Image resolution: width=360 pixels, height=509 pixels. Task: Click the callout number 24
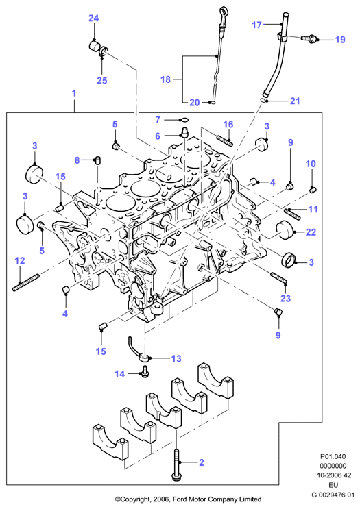pos(93,18)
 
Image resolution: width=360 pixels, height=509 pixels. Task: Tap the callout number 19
pos(340,40)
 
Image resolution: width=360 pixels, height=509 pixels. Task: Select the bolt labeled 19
pos(309,38)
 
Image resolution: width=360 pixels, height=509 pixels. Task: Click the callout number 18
pos(165,79)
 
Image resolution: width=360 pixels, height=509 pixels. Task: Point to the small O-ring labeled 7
pos(184,120)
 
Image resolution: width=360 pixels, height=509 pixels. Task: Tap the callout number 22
pos(311,232)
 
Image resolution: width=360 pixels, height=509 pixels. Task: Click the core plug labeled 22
pos(284,230)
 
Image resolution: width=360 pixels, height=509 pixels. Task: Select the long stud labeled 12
pos(26,282)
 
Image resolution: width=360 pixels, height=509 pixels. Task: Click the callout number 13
pos(176,358)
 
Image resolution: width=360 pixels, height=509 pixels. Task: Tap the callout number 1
pos(74,93)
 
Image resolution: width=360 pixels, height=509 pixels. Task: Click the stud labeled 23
pos(278,278)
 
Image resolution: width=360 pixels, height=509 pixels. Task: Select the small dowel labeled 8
pos(97,160)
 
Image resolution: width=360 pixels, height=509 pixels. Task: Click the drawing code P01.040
pos(333,456)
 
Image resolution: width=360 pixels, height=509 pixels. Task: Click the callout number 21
pos(295,101)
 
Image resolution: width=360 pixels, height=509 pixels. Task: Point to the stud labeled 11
pos(293,212)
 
